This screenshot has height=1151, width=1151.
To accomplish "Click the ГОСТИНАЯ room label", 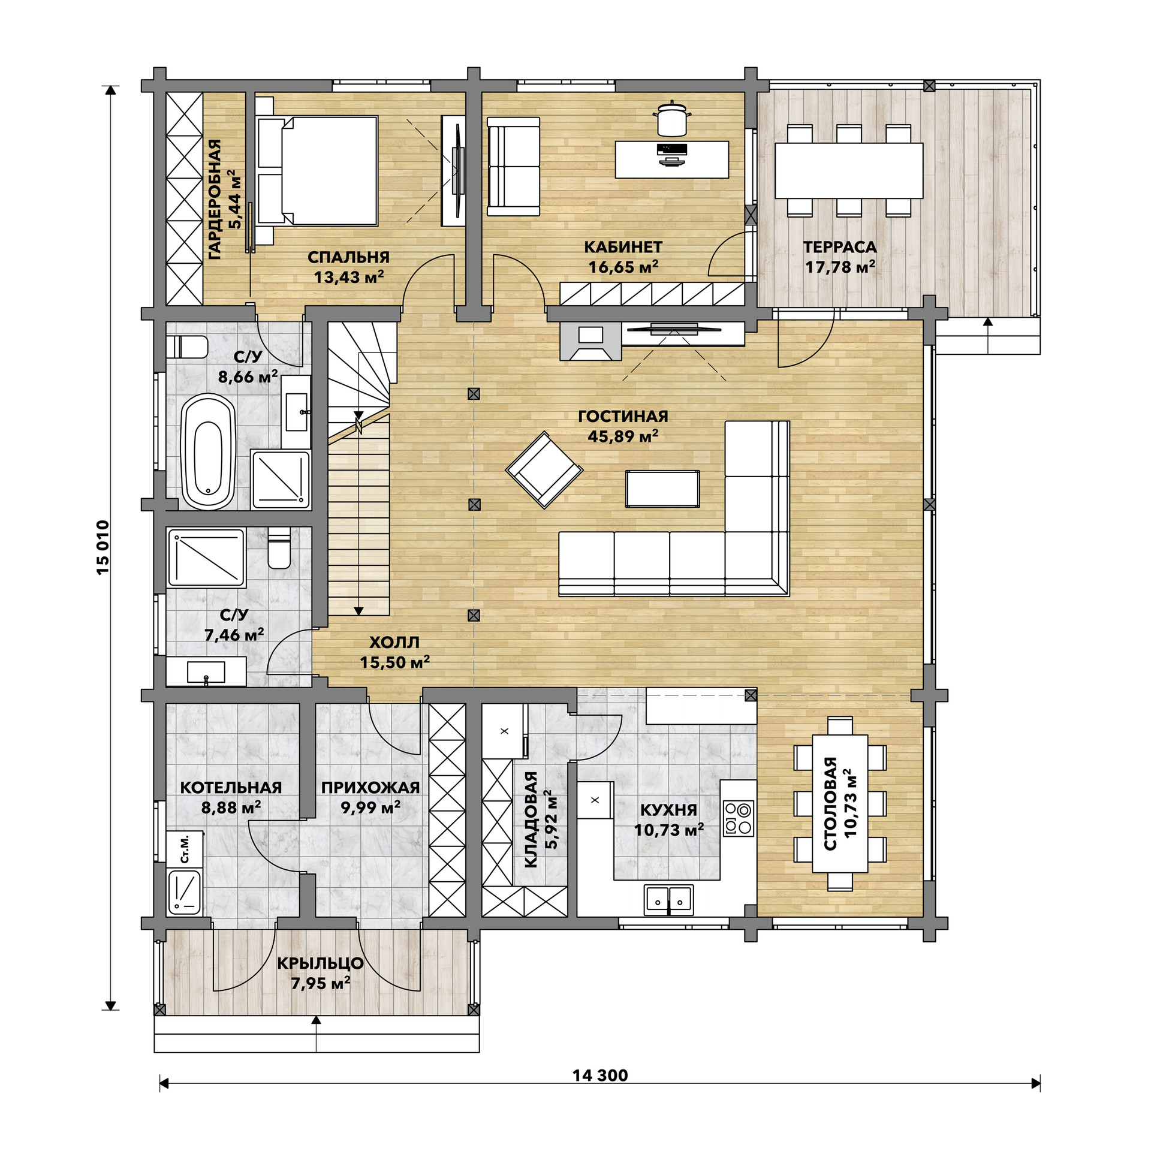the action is click(x=623, y=416).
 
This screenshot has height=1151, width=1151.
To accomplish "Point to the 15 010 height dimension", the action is click(x=103, y=548).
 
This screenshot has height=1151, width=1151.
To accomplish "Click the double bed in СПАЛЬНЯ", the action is click(x=317, y=171).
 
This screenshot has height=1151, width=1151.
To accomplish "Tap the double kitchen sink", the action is click(x=668, y=900).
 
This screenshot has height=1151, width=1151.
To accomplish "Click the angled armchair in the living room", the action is click(x=544, y=470).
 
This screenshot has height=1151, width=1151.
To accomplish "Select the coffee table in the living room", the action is click(x=662, y=489).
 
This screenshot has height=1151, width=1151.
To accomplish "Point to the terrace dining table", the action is click(x=848, y=170).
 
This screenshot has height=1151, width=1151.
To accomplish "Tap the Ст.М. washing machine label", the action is click(x=185, y=848).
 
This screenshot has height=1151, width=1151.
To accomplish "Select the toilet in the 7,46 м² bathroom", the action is click(x=278, y=548).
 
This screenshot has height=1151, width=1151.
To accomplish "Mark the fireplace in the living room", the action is click(x=590, y=341).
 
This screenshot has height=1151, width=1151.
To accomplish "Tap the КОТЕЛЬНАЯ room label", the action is click(x=231, y=787).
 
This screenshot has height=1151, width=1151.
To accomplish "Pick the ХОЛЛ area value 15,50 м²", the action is click(x=394, y=662).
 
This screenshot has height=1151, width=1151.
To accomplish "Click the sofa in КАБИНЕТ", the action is click(x=514, y=166).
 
